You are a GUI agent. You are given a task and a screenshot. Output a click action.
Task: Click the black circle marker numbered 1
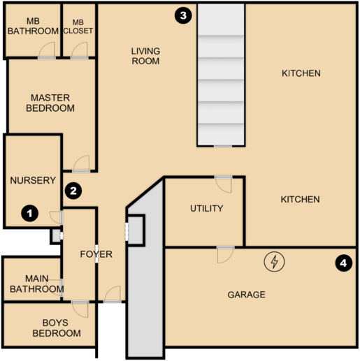click(x=29, y=212)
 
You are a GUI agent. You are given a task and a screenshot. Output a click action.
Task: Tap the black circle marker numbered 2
click(x=73, y=189)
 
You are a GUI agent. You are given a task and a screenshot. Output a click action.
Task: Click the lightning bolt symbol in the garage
click(x=275, y=262)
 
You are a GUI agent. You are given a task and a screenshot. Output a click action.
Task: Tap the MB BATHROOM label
click(x=33, y=27)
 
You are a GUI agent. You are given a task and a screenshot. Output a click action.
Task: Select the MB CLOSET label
click(x=78, y=27)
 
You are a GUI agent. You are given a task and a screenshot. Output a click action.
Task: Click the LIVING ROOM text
click(x=145, y=56)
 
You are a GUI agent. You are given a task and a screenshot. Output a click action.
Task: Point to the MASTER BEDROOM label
click(x=50, y=103)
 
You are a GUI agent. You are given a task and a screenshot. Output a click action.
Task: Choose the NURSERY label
click(x=33, y=180)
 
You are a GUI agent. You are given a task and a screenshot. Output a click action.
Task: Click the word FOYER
click(x=96, y=254)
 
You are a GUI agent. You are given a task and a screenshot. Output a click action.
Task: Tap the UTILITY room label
click(x=207, y=208)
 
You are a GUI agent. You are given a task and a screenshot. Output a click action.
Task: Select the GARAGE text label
click(x=246, y=295)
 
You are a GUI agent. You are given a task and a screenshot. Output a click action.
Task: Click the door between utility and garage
click(x=226, y=253)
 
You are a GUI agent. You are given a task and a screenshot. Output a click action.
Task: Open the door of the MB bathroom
click(x=47, y=51)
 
